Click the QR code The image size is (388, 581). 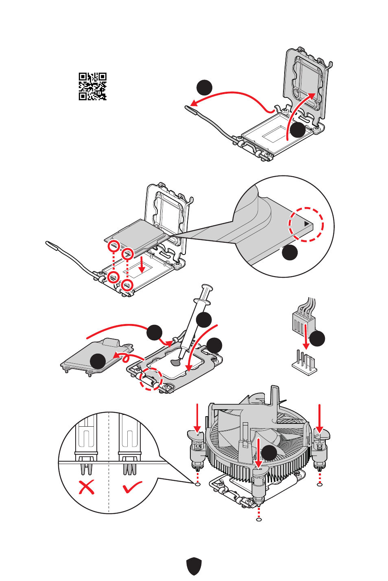click(92, 86)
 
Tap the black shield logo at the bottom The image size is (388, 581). click(194, 566)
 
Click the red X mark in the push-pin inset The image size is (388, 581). click(86, 486)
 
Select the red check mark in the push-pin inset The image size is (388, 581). click(132, 486)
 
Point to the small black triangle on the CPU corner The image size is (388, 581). click(307, 224)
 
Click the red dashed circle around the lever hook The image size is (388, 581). click(150, 379)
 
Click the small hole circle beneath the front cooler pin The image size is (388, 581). click(259, 520)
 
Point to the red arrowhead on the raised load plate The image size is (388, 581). click(311, 95)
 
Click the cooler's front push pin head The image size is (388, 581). click(259, 471)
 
